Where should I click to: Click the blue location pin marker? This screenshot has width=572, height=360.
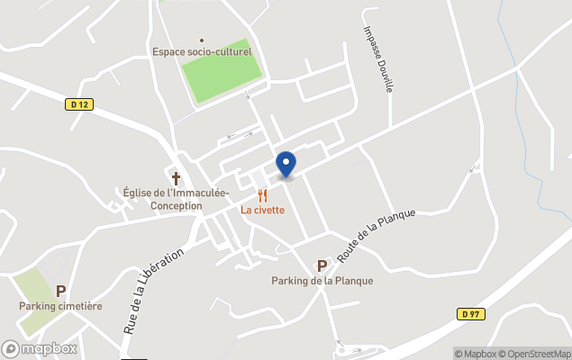(286, 164)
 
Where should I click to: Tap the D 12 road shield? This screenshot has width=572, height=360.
(79, 104)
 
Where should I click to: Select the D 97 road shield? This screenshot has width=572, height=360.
(469, 313)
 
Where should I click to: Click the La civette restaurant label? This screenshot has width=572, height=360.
(262, 210)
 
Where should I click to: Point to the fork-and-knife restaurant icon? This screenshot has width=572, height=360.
(262, 195)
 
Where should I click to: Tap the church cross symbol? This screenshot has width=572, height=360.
(176, 178)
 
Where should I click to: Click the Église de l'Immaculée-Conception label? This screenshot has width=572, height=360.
(176, 199)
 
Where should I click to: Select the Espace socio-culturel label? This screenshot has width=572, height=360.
(202, 52)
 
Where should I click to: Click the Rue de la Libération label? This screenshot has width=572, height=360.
(153, 291)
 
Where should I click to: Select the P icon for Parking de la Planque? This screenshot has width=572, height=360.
(322, 265)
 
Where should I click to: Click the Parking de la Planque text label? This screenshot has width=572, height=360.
(322, 281)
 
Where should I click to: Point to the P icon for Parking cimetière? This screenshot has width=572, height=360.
(61, 291)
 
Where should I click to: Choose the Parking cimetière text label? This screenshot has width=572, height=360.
(60, 306)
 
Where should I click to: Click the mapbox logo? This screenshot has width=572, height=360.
(40, 349)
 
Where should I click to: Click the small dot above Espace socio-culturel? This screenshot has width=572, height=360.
(202, 40)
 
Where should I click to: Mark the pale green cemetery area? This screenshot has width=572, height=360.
(34, 286)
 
